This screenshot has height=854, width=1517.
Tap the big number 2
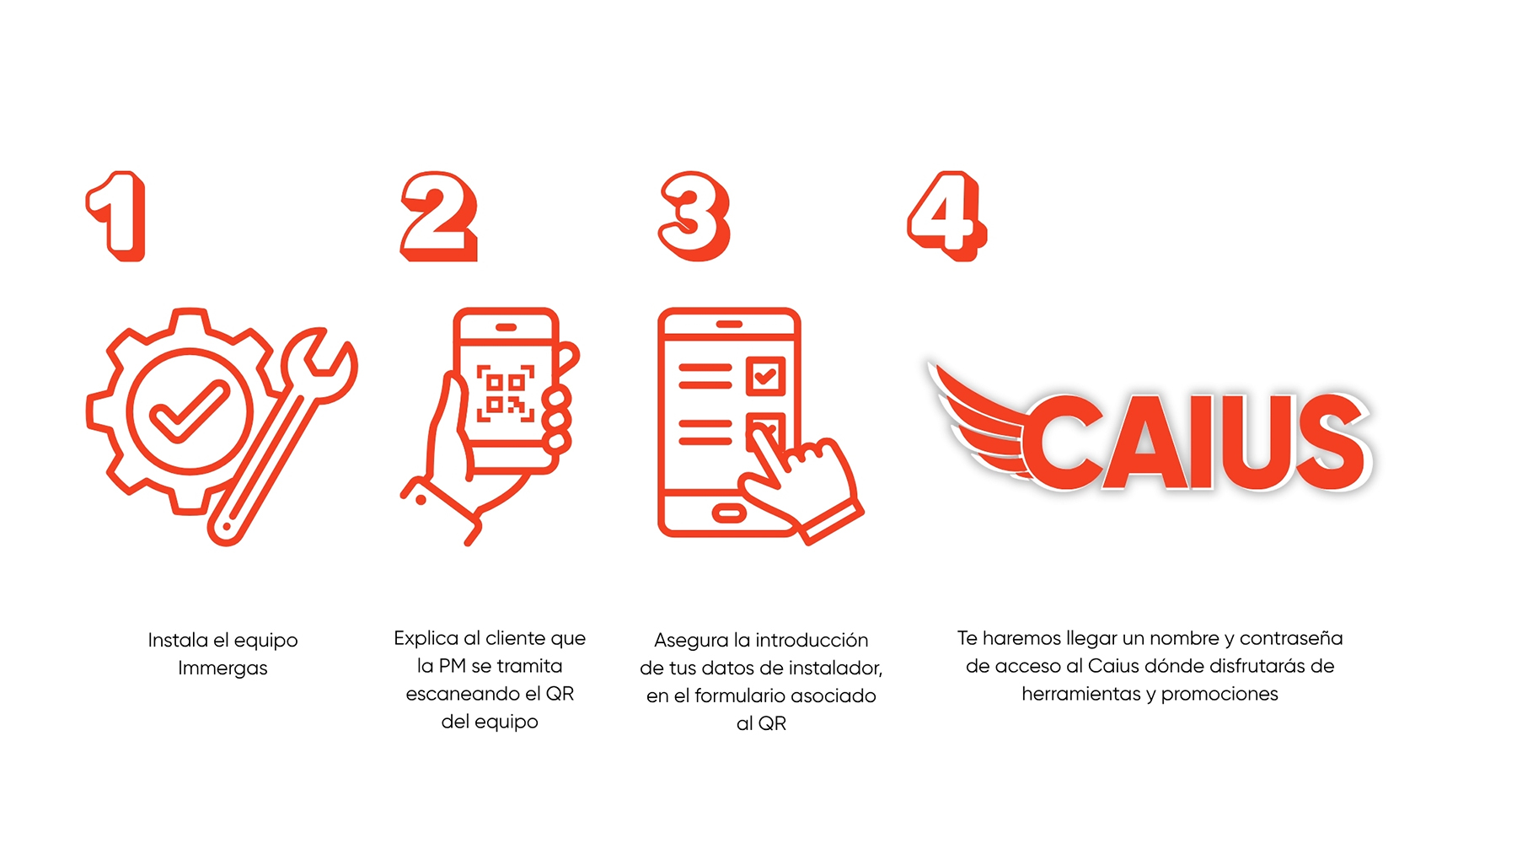point(439,217)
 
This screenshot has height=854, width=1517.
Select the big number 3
point(694,217)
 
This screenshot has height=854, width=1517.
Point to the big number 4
point(947,216)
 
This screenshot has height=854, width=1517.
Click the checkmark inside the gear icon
point(189,411)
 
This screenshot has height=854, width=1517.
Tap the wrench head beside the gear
point(324,363)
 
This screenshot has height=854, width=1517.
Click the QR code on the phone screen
point(506,393)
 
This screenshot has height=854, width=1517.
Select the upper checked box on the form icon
point(765,376)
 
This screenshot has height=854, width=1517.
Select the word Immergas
point(222,669)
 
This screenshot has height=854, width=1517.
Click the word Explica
point(426,638)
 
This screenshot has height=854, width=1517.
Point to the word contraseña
point(1291,638)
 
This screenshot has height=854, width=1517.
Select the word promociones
point(1219,695)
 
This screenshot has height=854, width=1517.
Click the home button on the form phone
point(728,513)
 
